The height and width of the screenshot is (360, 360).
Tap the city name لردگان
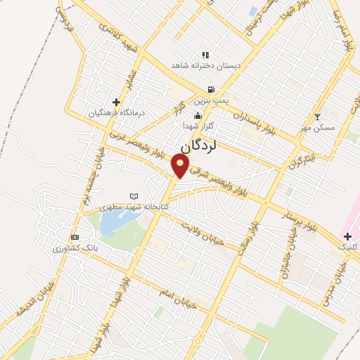tap(208, 146)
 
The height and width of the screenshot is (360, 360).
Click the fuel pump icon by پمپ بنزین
tap(211, 90)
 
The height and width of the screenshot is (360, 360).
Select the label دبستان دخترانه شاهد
tap(205, 65)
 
